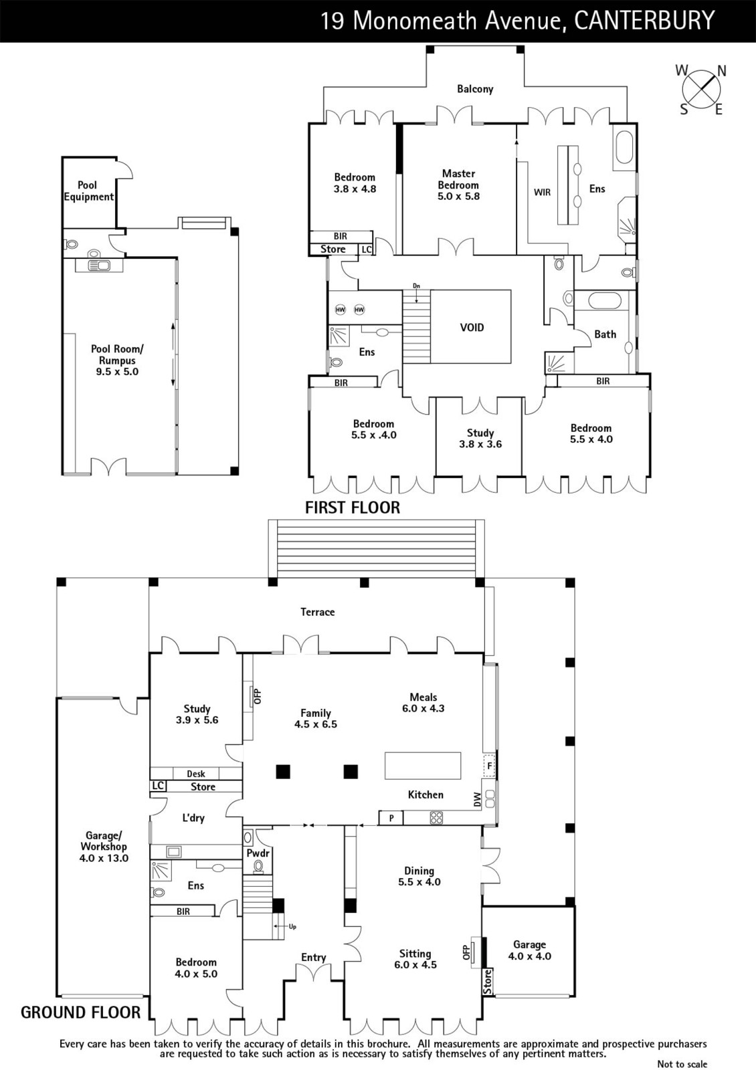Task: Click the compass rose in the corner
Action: (701, 90)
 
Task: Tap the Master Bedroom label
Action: (458, 179)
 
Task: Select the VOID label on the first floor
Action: (472, 328)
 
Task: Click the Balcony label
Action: (475, 89)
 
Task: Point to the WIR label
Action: (542, 193)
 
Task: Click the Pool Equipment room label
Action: (88, 191)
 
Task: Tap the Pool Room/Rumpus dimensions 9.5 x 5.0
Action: (117, 372)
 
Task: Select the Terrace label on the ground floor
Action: (317, 612)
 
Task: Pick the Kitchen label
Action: (426, 794)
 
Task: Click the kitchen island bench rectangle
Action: (423, 766)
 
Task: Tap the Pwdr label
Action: (258, 853)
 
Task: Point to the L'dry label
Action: (193, 818)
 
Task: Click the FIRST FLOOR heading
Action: (353, 508)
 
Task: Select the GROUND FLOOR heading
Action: (81, 1012)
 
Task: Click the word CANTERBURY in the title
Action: (644, 21)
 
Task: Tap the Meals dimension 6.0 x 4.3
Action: (423, 708)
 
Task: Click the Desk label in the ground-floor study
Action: (196, 774)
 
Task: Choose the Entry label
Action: (314, 957)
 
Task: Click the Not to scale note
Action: (682, 1064)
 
